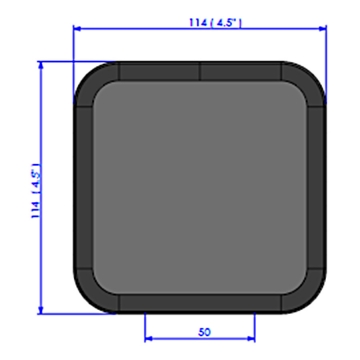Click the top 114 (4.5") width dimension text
click(215, 23)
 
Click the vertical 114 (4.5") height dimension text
click(36, 191)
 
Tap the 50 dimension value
click(204, 332)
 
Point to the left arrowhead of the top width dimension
click(77, 29)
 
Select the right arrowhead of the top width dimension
click(322, 29)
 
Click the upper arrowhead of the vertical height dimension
click(41, 65)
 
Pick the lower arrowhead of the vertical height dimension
click(41, 310)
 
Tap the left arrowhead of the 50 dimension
click(149, 339)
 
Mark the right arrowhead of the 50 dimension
click(251, 339)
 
